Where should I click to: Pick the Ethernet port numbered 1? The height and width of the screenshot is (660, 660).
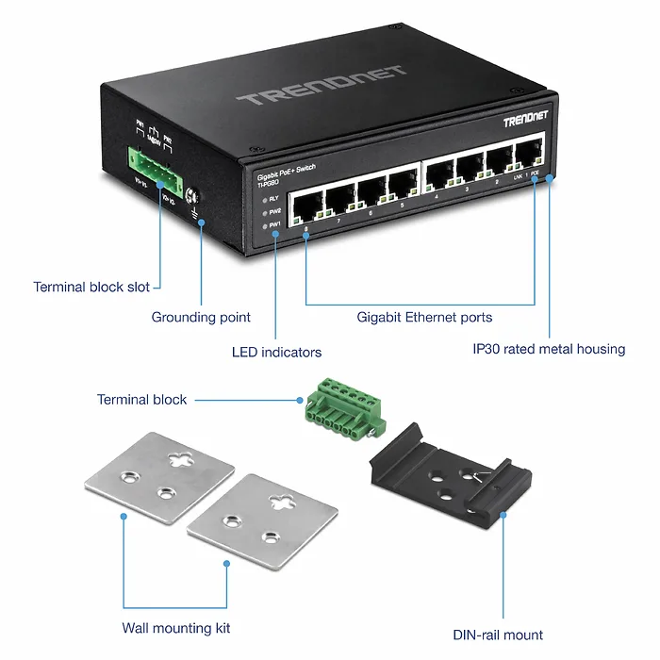tap(526, 155)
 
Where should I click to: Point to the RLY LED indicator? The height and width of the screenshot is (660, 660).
tap(263, 199)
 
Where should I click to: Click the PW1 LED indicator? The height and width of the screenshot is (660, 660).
tap(264, 225)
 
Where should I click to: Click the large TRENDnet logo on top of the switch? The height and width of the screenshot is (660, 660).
tap(322, 86)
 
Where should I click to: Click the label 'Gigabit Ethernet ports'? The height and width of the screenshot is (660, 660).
tap(424, 318)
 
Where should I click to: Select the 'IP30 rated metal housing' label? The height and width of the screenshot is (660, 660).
tap(549, 349)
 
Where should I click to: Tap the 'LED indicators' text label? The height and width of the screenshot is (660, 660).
tap(276, 353)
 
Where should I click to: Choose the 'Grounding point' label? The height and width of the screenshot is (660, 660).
tap(201, 318)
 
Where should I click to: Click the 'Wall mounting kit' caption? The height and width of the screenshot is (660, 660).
tap(176, 628)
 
